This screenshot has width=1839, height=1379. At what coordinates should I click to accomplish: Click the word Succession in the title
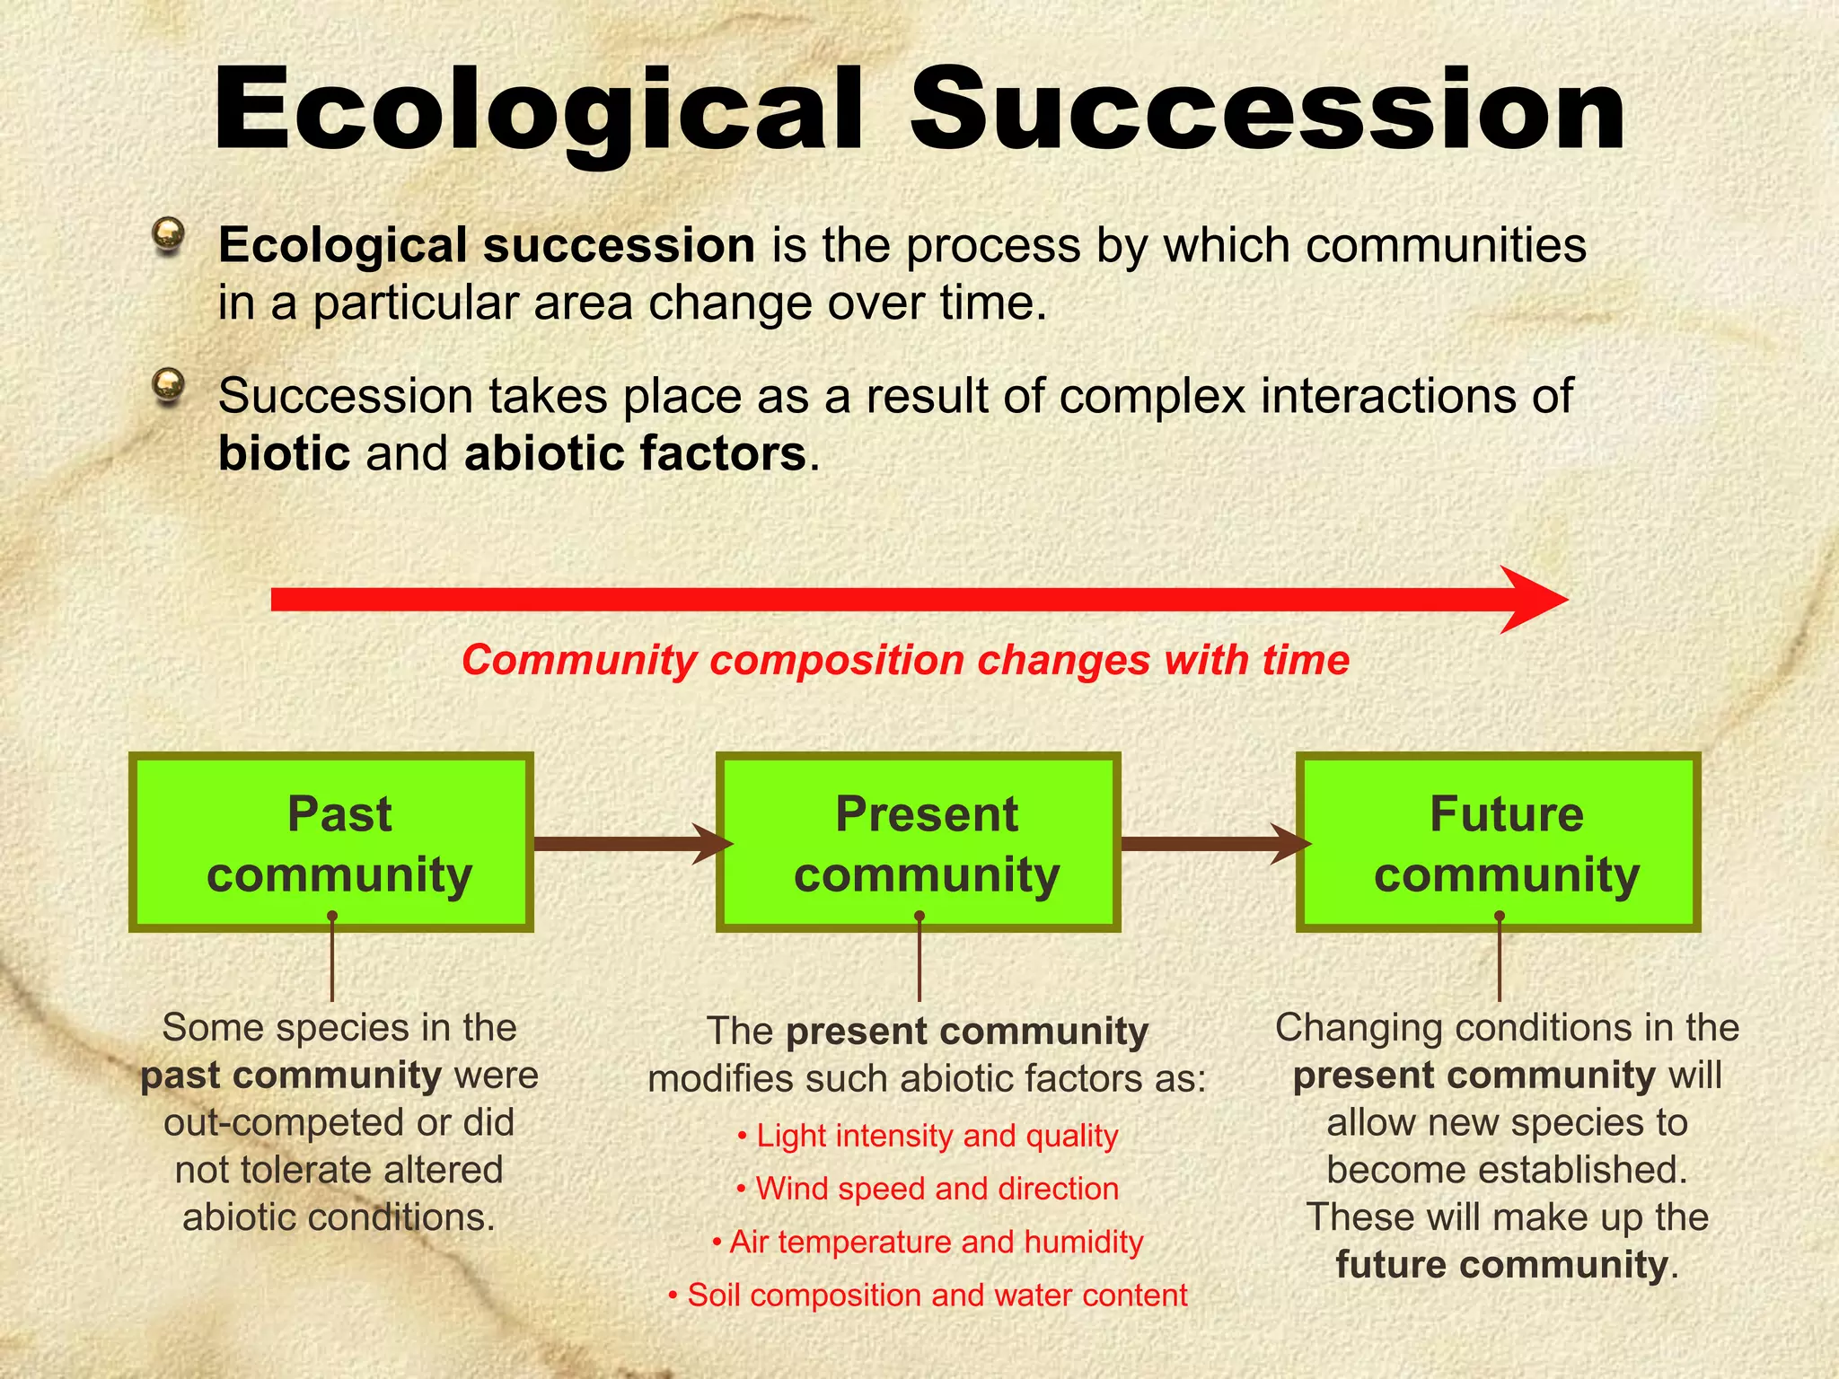(x=1266, y=112)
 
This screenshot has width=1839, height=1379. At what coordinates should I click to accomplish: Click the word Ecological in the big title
(x=539, y=112)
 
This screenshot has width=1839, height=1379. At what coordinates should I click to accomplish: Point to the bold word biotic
(x=284, y=453)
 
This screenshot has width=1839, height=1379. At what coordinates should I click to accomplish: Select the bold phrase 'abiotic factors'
(x=635, y=453)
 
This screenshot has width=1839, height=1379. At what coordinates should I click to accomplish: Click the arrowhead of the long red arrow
(x=1531, y=600)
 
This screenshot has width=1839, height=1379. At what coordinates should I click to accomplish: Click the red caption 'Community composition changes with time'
(x=905, y=660)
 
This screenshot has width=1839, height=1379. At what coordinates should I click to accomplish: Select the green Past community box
(x=331, y=842)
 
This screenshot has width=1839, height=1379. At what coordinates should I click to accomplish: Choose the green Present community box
(x=918, y=842)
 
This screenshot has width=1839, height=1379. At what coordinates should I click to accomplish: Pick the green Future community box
(x=1498, y=842)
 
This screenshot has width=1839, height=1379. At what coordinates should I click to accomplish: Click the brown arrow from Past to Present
(x=629, y=844)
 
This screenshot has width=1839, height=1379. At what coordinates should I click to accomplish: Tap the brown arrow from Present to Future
(x=1212, y=844)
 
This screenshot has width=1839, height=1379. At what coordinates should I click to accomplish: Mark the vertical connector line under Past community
(x=332, y=961)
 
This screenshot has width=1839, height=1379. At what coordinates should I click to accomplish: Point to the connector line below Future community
(x=1500, y=961)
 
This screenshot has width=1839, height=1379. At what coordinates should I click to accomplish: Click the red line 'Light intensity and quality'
(x=928, y=1136)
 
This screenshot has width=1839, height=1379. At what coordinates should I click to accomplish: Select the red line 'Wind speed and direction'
(x=928, y=1189)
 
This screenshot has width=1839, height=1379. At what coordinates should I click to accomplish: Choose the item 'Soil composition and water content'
(x=928, y=1295)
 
